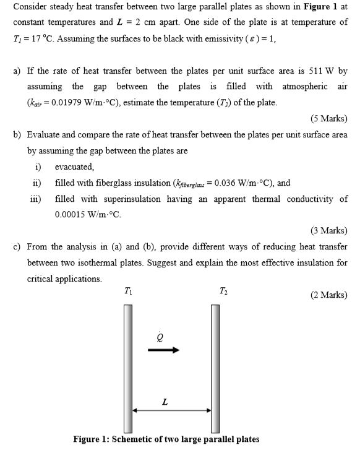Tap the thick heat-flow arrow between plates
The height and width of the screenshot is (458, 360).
(x=163, y=350)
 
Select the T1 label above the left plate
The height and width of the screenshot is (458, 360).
(x=127, y=291)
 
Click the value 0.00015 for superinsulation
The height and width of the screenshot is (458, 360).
(x=72, y=215)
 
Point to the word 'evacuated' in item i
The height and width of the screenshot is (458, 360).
(x=74, y=167)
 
